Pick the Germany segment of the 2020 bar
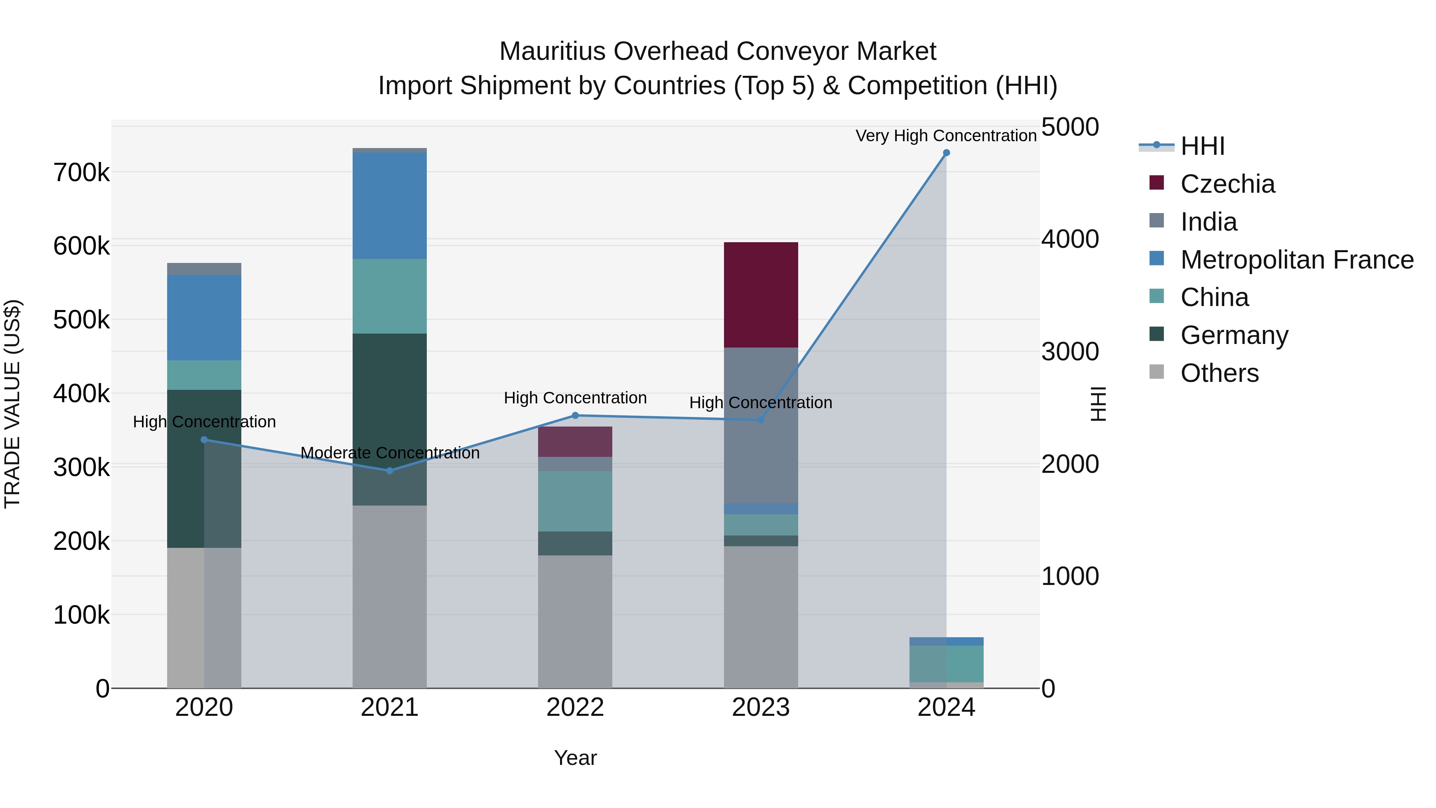[186, 468]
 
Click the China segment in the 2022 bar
[575, 501]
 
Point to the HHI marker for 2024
[946, 153]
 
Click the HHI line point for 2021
[390, 471]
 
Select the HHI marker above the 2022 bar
[575, 415]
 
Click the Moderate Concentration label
[390, 453]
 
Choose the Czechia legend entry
[1227, 184]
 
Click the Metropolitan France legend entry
[1296, 260]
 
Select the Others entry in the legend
[1219, 373]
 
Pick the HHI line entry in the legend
[1201, 146]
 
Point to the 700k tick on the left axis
[81, 173]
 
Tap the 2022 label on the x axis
[575, 707]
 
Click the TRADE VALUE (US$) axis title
[12, 404]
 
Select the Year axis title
[575, 758]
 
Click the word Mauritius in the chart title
[552, 51]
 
